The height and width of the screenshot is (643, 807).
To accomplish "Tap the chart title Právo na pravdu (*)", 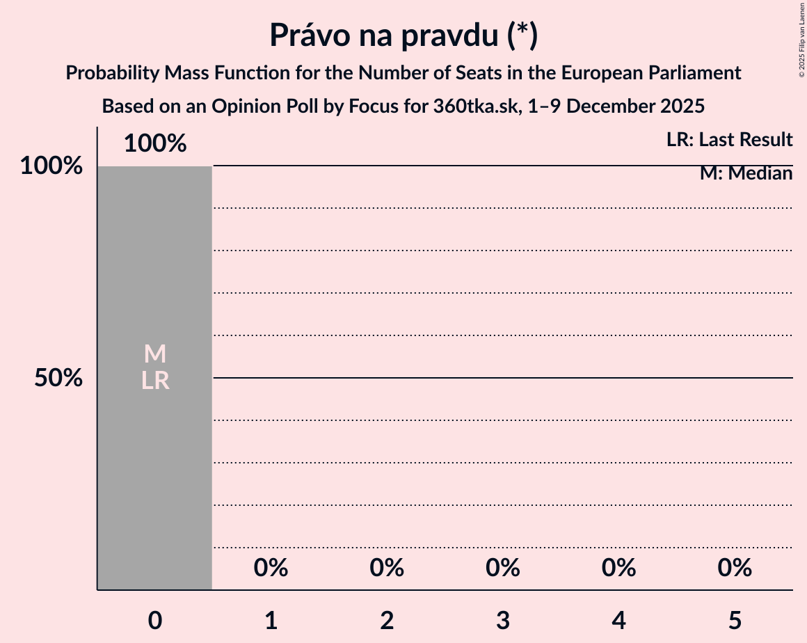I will (403, 36).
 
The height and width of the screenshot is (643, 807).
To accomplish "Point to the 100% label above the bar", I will (155, 143).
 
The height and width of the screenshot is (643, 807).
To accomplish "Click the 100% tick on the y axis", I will (51, 166).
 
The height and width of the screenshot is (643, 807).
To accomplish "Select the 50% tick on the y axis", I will (59, 379).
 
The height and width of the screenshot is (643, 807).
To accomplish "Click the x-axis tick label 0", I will (155, 621).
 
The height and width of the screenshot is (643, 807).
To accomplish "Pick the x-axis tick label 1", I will (271, 621).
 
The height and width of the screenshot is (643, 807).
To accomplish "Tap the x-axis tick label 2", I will (387, 621).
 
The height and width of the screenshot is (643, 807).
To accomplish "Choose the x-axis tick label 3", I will (503, 621).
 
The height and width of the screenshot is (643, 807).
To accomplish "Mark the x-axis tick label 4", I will (619, 621).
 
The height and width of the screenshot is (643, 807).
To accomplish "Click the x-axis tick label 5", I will (735, 621).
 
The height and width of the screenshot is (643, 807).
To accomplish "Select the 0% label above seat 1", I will (271, 569).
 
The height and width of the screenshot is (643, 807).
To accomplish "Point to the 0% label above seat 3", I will (503, 569).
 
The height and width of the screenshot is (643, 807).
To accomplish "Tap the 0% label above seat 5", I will (735, 569).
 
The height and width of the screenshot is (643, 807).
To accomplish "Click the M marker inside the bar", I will (155, 354).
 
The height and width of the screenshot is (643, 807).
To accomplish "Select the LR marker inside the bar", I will (155, 381).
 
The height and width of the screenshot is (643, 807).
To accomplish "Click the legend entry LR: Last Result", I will (729, 140).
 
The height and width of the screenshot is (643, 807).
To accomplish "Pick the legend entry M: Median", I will (746, 173).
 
